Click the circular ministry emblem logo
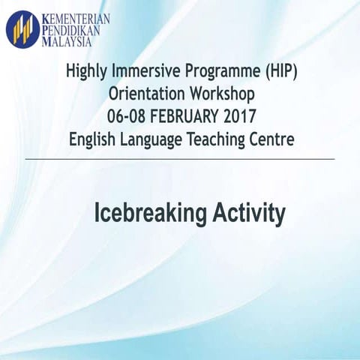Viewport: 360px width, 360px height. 22,28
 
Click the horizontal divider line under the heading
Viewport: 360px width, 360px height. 180,159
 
